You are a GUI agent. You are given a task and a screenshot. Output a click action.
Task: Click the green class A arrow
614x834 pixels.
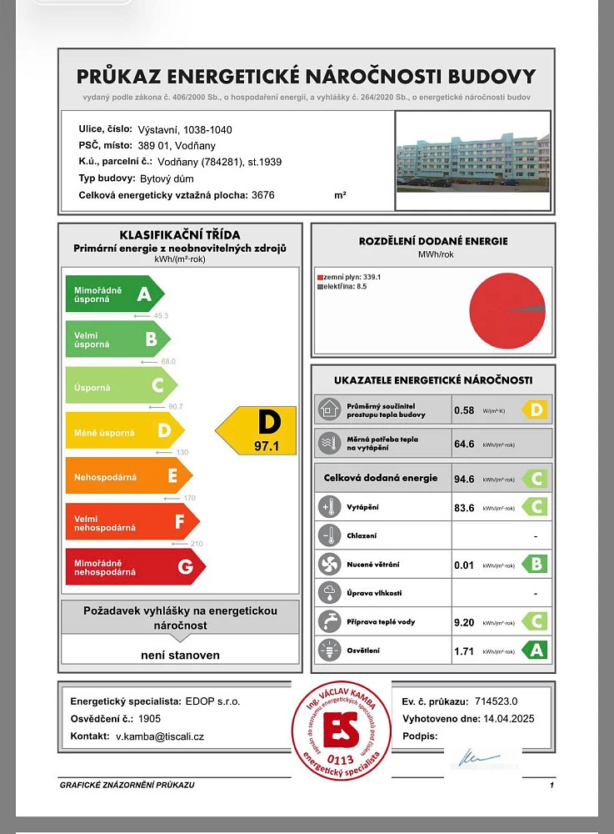click(x=115, y=294)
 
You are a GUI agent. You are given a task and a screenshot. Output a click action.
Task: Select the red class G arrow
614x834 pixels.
click(x=135, y=567)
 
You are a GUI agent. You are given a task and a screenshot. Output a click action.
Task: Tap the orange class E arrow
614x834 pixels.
click(x=128, y=475)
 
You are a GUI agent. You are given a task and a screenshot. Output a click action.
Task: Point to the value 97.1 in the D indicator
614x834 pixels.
click(x=267, y=447)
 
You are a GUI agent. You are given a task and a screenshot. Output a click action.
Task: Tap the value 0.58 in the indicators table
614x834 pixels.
click(x=464, y=410)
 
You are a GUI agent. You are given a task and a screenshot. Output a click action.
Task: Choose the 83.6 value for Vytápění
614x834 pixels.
click(x=464, y=507)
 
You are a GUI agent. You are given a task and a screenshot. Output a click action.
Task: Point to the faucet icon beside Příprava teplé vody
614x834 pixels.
click(x=327, y=622)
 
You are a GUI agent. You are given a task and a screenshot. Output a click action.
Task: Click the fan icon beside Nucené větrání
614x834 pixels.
click(x=327, y=565)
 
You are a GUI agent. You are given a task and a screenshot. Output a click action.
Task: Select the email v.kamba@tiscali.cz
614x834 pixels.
click(x=160, y=736)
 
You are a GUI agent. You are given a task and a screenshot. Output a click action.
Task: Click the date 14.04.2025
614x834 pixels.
click(x=505, y=718)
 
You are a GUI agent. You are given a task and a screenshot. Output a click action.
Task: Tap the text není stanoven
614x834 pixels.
click(x=180, y=656)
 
